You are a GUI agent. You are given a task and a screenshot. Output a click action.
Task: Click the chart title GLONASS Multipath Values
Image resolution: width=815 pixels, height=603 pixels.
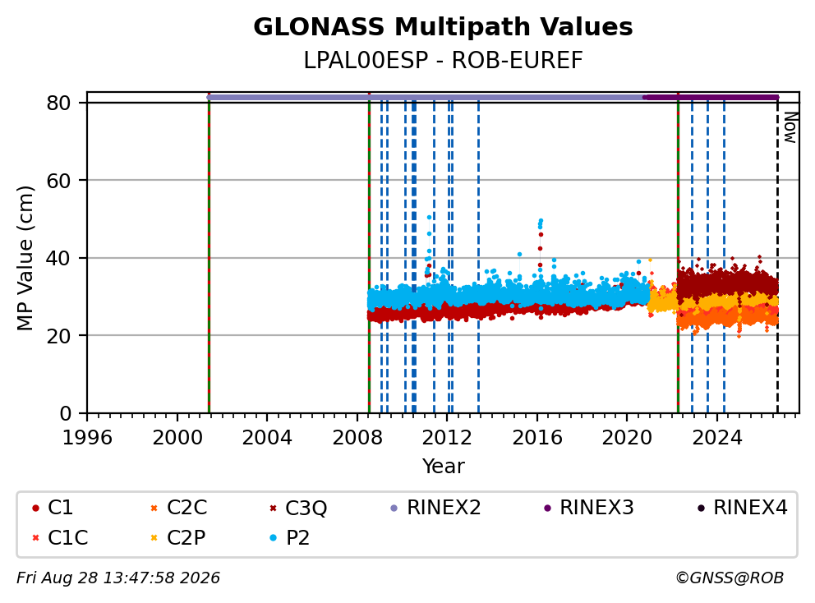[443, 27]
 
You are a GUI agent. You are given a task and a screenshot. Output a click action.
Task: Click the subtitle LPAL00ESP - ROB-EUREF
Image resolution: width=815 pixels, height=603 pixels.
[443, 61]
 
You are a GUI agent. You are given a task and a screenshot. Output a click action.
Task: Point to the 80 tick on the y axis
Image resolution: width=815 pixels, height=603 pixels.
[58, 103]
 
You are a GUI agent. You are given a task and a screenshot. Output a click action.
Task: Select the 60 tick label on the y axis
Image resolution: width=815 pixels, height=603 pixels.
[58, 181]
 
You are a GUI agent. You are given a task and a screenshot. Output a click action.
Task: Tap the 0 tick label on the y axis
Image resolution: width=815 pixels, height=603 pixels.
[65, 414]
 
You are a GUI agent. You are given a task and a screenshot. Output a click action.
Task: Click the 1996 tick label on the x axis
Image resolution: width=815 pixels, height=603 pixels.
[87, 438]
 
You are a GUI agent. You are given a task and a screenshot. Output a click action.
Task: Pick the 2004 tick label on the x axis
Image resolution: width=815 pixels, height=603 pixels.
[267, 438]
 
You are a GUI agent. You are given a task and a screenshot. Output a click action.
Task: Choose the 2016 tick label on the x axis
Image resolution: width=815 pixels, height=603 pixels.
[537, 438]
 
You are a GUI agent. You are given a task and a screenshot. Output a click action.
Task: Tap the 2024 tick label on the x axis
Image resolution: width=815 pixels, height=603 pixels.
[716, 438]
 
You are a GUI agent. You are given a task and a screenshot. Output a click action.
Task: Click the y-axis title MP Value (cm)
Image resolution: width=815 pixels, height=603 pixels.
[25, 258]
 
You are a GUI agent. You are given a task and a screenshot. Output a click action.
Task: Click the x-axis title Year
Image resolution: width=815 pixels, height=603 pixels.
[443, 467]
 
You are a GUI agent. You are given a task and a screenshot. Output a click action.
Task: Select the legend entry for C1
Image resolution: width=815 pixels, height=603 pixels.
[53, 508]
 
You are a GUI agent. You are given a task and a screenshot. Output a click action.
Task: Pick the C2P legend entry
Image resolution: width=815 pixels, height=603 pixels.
[177, 537]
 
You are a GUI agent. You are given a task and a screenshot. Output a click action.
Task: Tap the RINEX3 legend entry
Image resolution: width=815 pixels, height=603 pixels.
[589, 508]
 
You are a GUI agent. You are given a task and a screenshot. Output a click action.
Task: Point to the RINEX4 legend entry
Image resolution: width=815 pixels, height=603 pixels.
[742, 508]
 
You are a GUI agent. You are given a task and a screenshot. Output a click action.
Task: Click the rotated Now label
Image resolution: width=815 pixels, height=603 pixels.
[790, 128]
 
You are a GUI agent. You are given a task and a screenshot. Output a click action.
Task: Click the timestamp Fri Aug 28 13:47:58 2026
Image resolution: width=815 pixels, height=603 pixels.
[118, 578]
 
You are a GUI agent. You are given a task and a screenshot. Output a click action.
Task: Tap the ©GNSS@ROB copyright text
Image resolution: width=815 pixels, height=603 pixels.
[730, 578]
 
